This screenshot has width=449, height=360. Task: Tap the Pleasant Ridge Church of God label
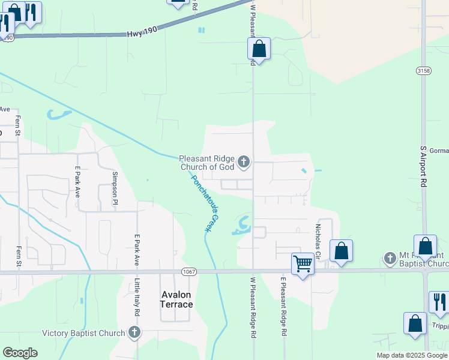[206, 163]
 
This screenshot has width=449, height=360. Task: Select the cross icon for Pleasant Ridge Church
[244, 161]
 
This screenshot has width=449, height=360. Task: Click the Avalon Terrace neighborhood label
[176, 299]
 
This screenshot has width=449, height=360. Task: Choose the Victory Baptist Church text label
[83, 333]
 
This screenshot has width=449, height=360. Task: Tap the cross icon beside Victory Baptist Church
[134, 332]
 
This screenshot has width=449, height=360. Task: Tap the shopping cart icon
[303, 263]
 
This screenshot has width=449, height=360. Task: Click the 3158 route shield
[423, 71]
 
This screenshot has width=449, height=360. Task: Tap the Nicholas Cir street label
[318, 242]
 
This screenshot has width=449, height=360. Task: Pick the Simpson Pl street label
[114, 188]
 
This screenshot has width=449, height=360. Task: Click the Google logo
[20, 353]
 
